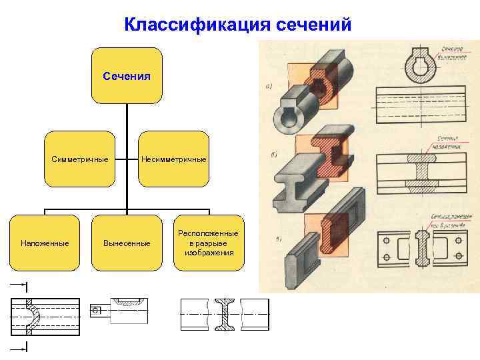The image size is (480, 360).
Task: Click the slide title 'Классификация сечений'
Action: pyautogui.click(x=237, y=25)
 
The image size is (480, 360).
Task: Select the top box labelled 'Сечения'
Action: pyautogui.click(x=127, y=75)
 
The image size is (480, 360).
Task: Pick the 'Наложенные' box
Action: pyautogui.click(x=45, y=243)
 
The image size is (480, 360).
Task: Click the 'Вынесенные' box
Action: pyautogui.click(x=127, y=243)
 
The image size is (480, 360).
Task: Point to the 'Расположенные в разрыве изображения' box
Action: pyautogui.click(x=209, y=243)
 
